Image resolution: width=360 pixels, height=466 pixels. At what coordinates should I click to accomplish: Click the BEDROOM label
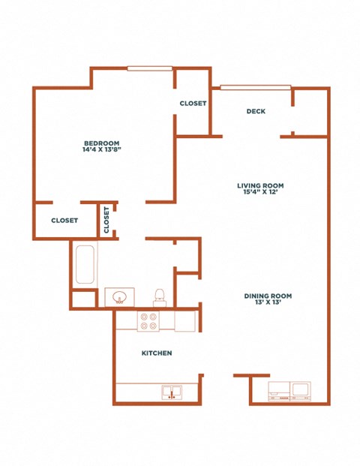pos(101,143)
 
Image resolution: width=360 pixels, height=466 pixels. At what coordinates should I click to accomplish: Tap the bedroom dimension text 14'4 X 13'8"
pos(102,149)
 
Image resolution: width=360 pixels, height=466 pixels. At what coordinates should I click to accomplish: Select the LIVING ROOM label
pos(260,186)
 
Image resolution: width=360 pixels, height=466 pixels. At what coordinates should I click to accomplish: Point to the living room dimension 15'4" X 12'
pos(260,192)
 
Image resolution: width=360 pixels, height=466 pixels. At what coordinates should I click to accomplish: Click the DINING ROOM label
pos(268,296)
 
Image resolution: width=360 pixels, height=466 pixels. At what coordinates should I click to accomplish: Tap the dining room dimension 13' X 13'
pos(268,302)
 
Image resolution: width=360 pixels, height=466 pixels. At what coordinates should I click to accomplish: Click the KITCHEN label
pos(157,353)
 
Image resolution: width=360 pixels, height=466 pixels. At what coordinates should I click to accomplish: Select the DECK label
pos(256,111)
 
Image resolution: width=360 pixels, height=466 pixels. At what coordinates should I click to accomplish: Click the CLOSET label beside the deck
pos(193,104)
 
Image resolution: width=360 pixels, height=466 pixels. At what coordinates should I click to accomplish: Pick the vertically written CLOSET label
pos(106,220)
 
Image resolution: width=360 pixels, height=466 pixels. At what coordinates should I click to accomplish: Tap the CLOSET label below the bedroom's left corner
pos(64,221)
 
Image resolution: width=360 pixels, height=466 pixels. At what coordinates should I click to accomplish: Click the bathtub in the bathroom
pos(85,264)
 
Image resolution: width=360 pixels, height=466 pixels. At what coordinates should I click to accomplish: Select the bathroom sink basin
pos(120,297)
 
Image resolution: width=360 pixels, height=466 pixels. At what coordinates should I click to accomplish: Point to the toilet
pos(160,297)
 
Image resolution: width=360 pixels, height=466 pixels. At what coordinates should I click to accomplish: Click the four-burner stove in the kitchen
pos(148,321)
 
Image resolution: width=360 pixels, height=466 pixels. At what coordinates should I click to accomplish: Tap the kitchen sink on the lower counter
pos(172,392)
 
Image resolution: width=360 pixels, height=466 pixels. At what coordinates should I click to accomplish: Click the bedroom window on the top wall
pos(150,68)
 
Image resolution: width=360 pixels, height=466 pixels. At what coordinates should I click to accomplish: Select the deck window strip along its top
pos(256,87)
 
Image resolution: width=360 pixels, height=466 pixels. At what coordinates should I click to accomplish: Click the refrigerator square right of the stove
pos(184,321)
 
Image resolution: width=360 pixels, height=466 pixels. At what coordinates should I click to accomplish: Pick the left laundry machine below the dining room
pos(279,392)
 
